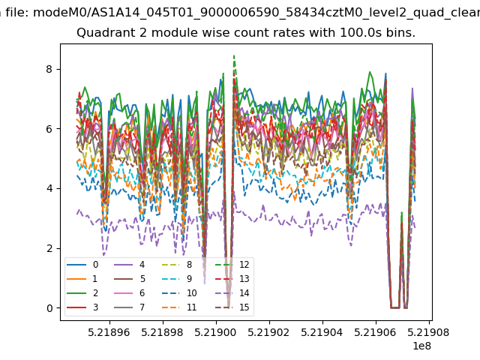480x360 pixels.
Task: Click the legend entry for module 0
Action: [x=82, y=265]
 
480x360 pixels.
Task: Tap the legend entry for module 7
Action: [x=129, y=307]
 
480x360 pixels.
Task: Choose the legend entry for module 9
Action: [x=177, y=279]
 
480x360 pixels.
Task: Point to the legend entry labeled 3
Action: [x=82, y=307]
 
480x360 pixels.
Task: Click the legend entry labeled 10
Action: [x=179, y=293]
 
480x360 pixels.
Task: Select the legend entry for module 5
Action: [x=129, y=279]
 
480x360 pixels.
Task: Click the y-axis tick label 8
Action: [x=49, y=69]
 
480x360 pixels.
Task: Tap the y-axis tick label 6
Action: [x=49, y=129]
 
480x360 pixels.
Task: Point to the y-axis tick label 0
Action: [x=49, y=308]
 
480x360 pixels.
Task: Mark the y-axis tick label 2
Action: [x=49, y=248]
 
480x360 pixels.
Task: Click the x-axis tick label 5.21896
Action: [x=109, y=332]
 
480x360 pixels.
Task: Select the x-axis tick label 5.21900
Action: [x=215, y=332]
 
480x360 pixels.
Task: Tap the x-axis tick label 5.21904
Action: [x=322, y=332]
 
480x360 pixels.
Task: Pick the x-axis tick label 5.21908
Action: [x=428, y=332]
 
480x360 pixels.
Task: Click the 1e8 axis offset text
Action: [x=422, y=346]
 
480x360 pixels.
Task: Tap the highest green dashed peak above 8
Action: [x=234, y=55]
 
